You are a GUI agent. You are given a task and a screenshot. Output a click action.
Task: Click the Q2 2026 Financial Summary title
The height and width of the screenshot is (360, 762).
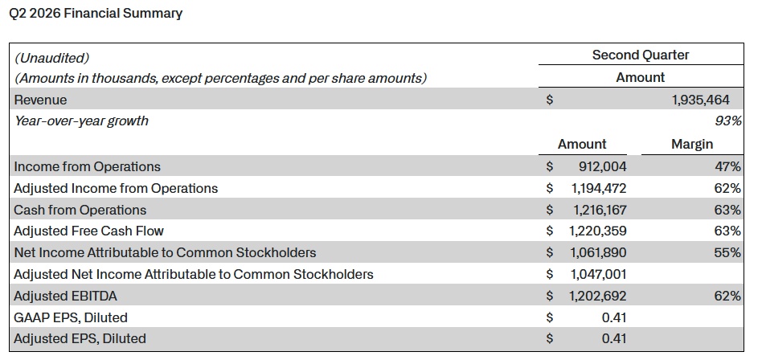(96, 14)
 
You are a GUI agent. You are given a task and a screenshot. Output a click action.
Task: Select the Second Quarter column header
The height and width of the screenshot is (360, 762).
(641, 55)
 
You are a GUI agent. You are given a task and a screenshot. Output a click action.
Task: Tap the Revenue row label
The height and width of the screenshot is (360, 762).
(41, 100)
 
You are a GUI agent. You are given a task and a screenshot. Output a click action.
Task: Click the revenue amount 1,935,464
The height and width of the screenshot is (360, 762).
(700, 100)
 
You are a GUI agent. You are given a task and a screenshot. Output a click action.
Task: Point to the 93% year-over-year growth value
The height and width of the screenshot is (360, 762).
(728, 121)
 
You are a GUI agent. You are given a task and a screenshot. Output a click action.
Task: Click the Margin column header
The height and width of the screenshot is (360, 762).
(692, 145)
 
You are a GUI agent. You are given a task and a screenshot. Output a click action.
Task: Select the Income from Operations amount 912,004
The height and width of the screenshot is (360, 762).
(602, 166)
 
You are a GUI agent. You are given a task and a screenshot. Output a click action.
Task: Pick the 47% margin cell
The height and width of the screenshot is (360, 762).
(727, 166)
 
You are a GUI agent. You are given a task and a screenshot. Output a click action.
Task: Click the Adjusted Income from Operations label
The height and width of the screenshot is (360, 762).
(116, 189)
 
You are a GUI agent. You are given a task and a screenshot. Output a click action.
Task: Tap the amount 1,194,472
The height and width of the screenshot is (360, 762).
(599, 189)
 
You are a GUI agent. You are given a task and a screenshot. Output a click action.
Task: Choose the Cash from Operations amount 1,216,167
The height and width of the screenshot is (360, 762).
(599, 210)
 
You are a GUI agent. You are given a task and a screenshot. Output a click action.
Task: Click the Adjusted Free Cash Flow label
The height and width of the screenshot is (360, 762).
(89, 231)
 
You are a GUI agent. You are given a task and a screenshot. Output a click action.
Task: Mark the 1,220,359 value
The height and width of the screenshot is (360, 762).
(598, 231)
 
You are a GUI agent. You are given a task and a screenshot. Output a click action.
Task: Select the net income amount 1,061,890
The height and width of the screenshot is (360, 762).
(598, 252)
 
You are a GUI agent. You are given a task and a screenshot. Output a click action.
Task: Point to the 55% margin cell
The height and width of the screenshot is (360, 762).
(727, 252)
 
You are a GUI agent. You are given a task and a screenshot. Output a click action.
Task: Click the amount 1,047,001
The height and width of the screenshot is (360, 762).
(598, 275)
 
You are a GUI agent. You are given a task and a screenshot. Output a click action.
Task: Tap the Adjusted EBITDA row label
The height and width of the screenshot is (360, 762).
(66, 296)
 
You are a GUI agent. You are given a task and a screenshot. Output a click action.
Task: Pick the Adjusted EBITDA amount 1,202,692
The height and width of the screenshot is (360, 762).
(598, 296)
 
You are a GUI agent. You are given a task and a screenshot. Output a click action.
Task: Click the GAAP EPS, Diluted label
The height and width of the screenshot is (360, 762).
(71, 317)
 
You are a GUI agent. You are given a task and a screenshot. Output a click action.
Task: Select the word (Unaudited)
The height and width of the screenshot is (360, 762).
(52, 59)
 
